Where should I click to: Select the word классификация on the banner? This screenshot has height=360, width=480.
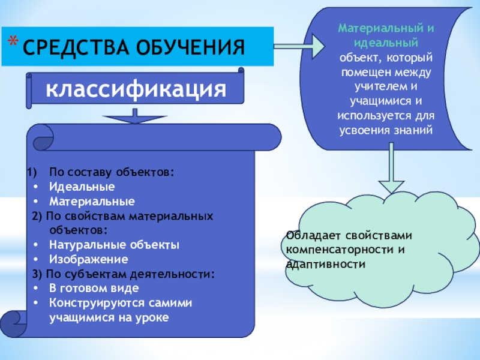pyautogui.click(x=136, y=89)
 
